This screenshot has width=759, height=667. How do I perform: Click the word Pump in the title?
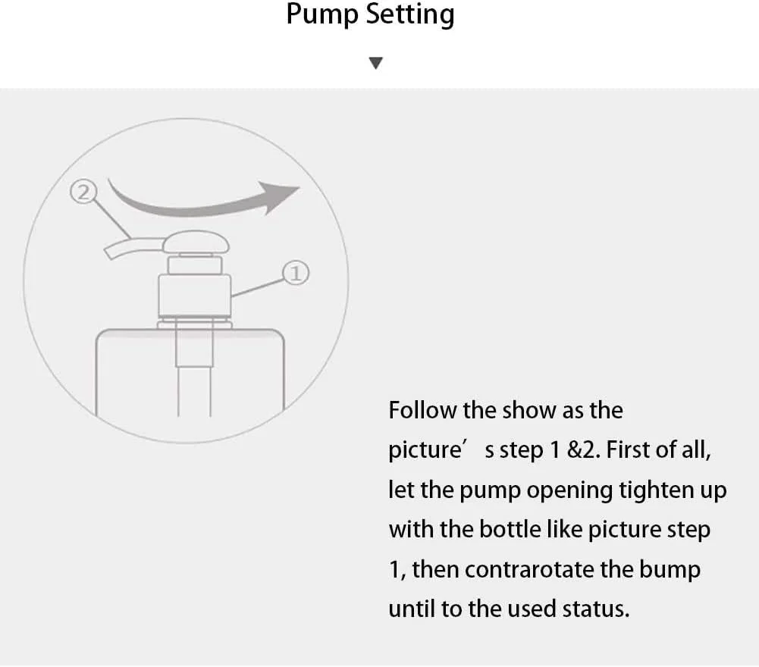coord(322,14)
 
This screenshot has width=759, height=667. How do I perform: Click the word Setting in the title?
coord(410,14)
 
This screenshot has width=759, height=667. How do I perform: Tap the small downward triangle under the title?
coord(375,63)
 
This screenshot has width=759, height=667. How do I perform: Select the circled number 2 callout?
coord(83,193)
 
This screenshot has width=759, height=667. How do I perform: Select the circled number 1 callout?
coord(296,273)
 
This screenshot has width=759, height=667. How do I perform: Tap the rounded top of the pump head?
coord(196,242)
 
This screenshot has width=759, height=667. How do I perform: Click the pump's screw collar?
coord(195,296)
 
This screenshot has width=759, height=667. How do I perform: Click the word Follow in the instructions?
coord(422,410)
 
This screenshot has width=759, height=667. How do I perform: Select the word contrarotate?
coord(528,569)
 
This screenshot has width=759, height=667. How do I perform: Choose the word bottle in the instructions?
coord(513,529)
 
